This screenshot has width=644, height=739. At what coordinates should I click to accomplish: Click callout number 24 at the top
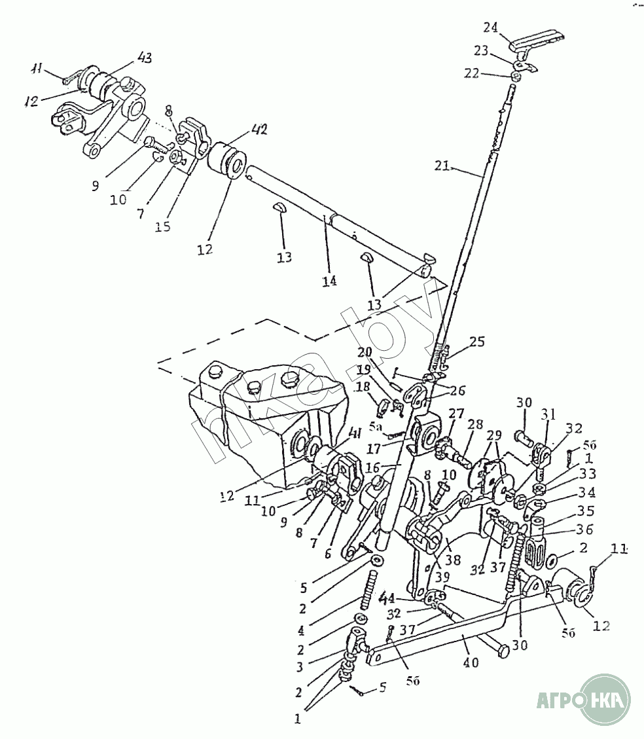coord(491,27)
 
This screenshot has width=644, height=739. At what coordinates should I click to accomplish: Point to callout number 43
coord(145,58)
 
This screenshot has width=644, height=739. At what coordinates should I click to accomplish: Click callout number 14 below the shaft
coord(329,281)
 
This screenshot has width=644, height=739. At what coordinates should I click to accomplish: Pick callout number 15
coord(163,226)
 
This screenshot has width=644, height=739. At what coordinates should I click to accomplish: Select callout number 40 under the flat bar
coord(471,662)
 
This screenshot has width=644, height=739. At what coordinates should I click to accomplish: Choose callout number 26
coord(457,391)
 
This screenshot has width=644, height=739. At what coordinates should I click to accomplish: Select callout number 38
coord(453,560)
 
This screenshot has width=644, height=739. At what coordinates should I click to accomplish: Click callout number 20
coord(365,353)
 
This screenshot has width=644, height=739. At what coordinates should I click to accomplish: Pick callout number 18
coord(361,387)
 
